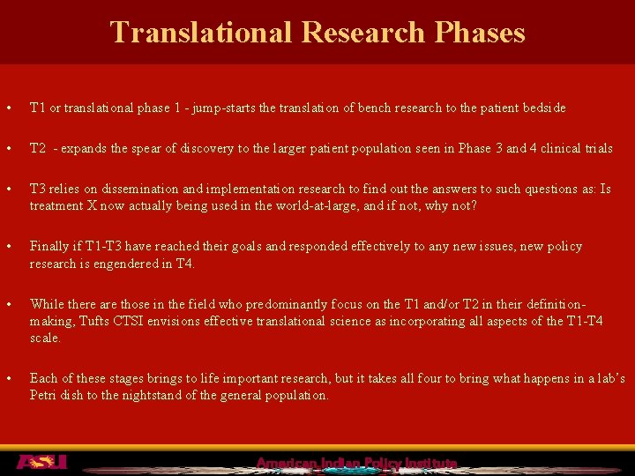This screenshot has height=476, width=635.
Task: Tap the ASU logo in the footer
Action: [x=41, y=462]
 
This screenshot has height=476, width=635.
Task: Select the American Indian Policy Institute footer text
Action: [x=356, y=463]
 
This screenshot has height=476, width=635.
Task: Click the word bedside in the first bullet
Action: [x=543, y=108]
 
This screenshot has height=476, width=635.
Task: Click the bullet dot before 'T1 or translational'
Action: [x=8, y=108]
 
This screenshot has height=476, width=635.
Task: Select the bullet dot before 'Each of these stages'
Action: [x=8, y=379]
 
